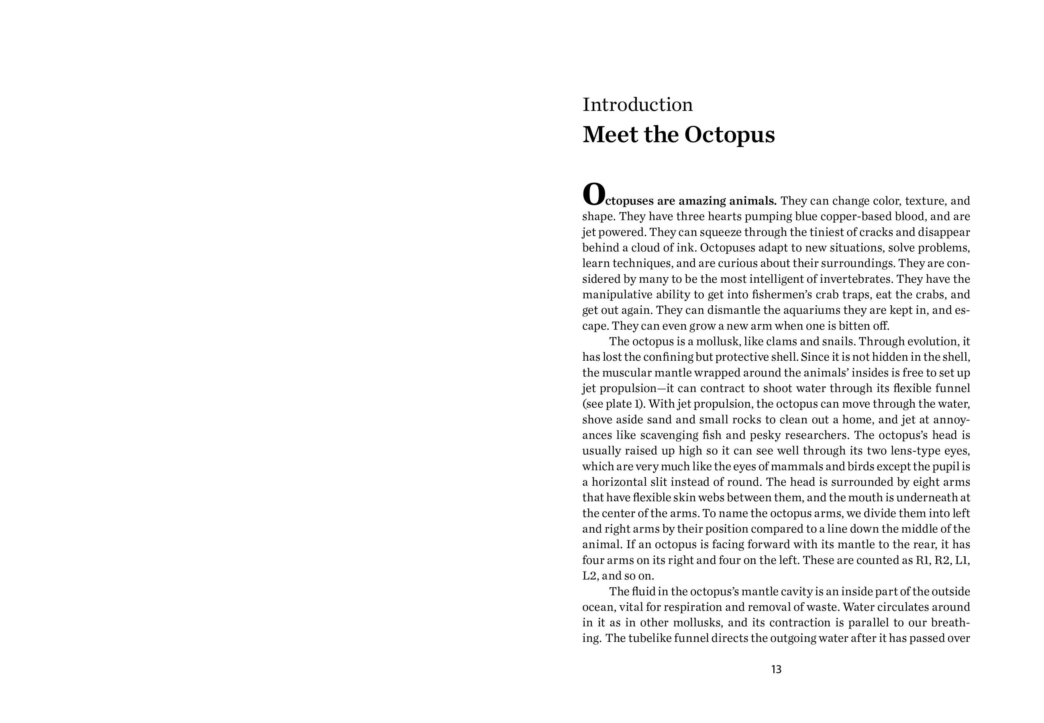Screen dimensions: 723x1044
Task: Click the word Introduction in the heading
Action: (638, 105)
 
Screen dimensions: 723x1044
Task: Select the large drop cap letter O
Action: (593, 194)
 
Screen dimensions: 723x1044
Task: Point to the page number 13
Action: (776, 670)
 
